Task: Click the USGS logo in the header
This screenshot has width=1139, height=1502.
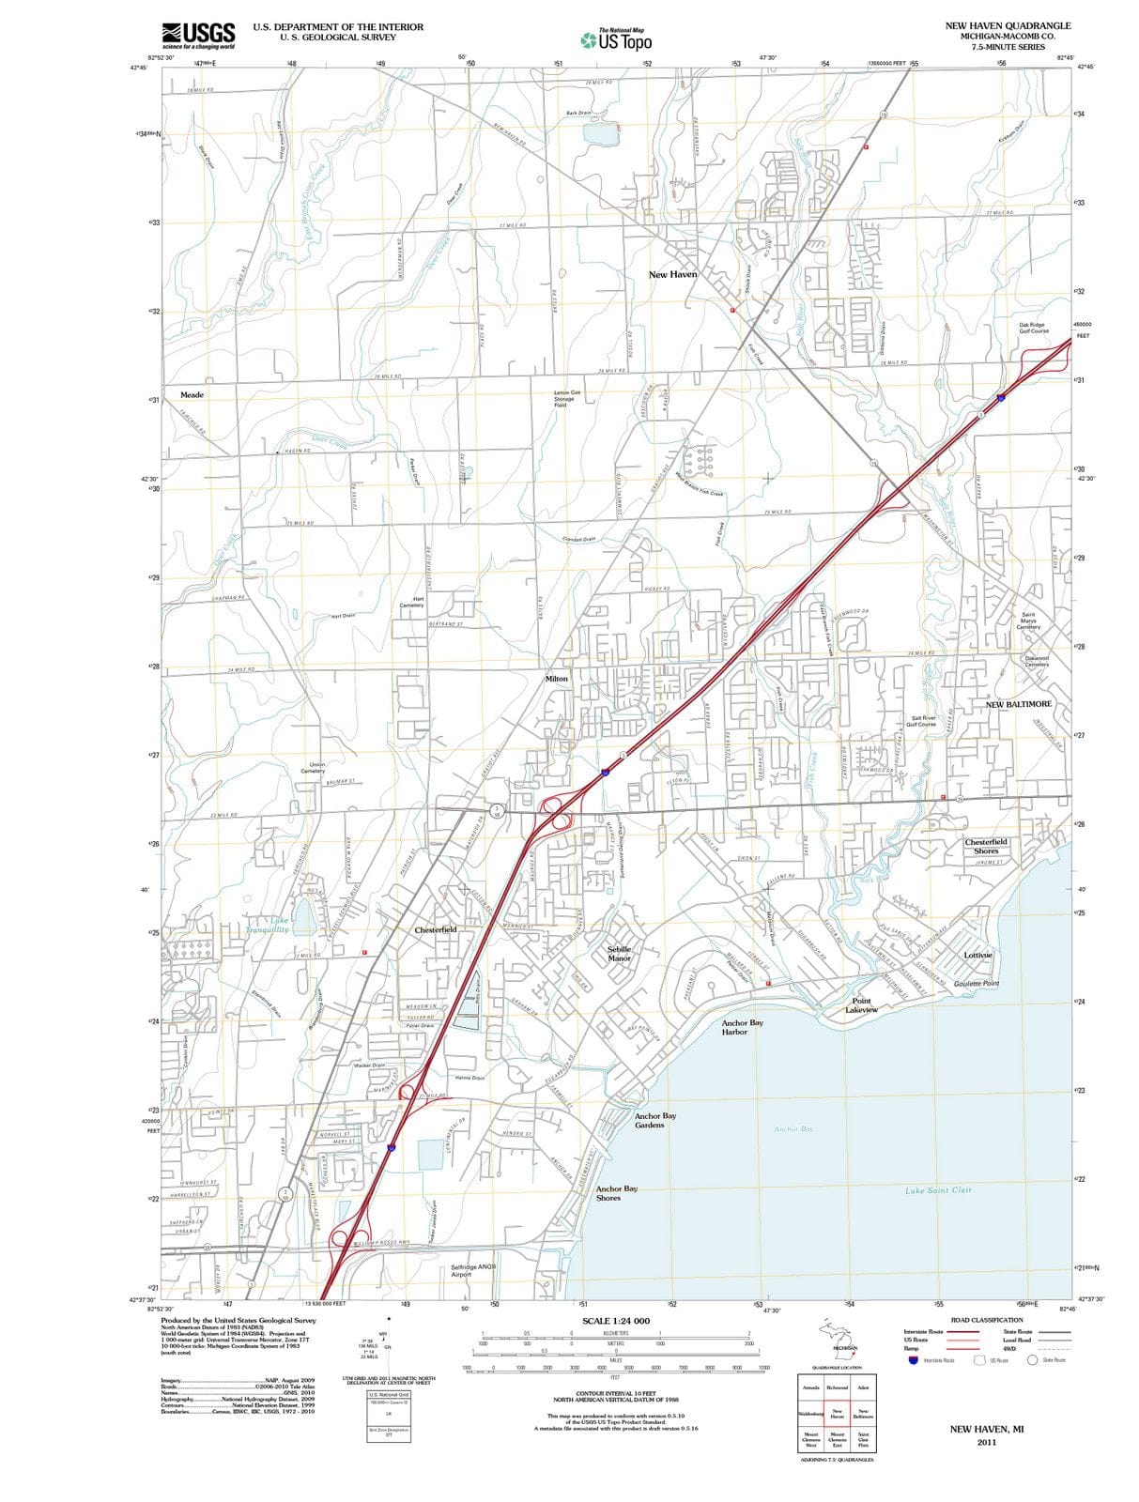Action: click(x=198, y=35)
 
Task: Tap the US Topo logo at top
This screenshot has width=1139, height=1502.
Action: click(x=616, y=39)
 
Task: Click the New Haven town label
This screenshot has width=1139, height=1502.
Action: click(x=672, y=274)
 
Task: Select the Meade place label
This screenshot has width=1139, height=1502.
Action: click(x=192, y=395)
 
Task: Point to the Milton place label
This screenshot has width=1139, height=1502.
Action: click(x=557, y=678)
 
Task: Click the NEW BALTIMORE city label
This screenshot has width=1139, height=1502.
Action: click(x=1019, y=704)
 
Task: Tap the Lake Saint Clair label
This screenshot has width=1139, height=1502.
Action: click(x=938, y=1190)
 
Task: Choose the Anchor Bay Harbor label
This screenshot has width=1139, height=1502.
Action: click(x=735, y=1027)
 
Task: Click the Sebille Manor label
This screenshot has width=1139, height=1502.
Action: click(x=619, y=954)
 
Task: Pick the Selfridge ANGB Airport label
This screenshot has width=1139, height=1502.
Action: click(x=473, y=1270)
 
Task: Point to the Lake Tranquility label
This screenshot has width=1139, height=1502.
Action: click(x=268, y=925)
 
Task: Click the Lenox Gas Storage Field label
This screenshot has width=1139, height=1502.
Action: click(x=567, y=398)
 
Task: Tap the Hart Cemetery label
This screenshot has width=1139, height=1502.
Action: click(x=418, y=602)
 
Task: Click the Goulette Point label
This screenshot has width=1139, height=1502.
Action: click(x=976, y=984)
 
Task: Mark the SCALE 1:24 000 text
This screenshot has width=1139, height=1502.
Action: click(x=615, y=1321)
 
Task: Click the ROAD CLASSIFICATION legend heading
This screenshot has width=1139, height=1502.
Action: click(x=986, y=1320)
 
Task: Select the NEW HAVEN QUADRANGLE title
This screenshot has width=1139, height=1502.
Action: click(x=1008, y=25)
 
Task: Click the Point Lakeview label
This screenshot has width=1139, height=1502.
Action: click(x=861, y=1005)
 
